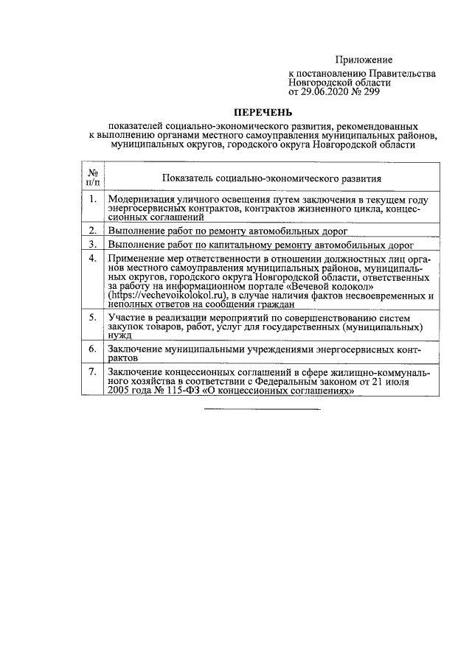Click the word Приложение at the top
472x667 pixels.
click(x=364, y=60)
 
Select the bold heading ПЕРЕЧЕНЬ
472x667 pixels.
click(x=263, y=113)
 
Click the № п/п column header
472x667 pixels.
click(x=93, y=178)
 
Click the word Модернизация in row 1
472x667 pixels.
click(x=141, y=199)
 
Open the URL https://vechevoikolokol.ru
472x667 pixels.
click(x=171, y=294)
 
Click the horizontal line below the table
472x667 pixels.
click(x=263, y=408)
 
